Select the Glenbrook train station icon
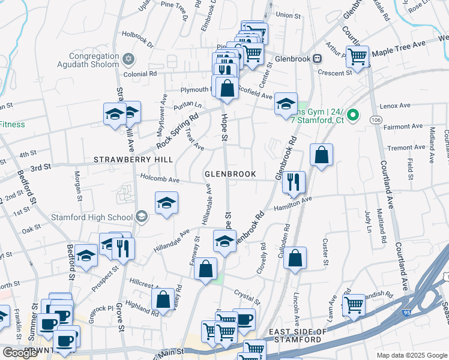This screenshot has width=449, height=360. click(317, 59)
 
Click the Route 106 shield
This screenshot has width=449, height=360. click(376, 120)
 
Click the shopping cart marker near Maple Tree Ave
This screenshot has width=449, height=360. click(358, 57)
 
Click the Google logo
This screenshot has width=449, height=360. click(20, 353)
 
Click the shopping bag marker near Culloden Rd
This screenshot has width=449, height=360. click(295, 258)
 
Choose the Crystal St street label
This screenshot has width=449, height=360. click(247, 298)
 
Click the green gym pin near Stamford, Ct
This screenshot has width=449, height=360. click(354, 114)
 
